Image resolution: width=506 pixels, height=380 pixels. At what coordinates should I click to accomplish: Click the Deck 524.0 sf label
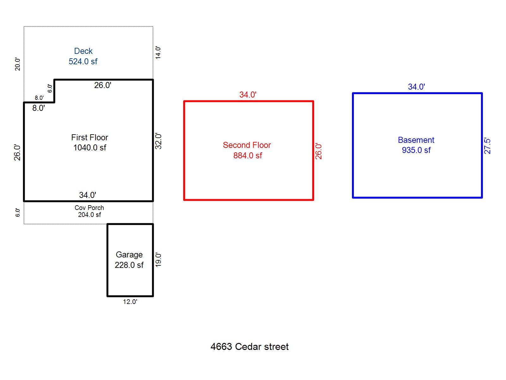[83, 56]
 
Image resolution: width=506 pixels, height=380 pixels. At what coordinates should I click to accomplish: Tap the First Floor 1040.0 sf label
[90, 142]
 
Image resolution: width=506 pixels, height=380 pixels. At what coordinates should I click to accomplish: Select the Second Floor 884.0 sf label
[247, 150]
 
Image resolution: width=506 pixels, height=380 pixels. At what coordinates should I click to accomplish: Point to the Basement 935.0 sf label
[416, 145]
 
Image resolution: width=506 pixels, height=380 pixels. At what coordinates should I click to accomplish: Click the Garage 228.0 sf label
[129, 260]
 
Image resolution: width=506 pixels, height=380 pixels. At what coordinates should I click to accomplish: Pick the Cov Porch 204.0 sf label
[89, 211]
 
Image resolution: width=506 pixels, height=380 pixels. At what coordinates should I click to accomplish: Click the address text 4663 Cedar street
[250, 347]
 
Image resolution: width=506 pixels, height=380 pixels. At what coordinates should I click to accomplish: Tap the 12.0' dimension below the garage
[130, 302]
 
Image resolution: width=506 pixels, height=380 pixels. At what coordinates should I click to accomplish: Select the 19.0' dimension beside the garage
[158, 260]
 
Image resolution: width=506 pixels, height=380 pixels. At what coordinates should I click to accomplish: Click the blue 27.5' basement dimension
[487, 146]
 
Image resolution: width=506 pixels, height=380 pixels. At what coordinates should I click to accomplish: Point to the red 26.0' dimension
[319, 151]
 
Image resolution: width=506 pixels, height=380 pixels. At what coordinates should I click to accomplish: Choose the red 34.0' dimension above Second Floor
[248, 95]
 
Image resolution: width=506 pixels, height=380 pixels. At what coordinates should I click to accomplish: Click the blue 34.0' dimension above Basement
[417, 87]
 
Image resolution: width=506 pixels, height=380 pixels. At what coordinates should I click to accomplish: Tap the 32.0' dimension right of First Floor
[158, 141]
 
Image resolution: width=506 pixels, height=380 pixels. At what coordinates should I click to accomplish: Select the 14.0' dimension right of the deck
[158, 53]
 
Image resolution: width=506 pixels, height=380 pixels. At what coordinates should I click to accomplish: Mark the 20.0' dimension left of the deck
[18, 64]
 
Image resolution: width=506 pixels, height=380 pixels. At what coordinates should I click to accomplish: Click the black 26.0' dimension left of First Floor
[17, 152]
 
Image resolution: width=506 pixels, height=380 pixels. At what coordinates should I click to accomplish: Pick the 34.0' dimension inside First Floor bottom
[88, 195]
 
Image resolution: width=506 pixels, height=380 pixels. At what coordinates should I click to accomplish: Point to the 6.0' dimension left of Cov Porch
[18, 212]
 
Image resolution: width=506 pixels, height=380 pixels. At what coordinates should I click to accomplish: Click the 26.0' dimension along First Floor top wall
[103, 85]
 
